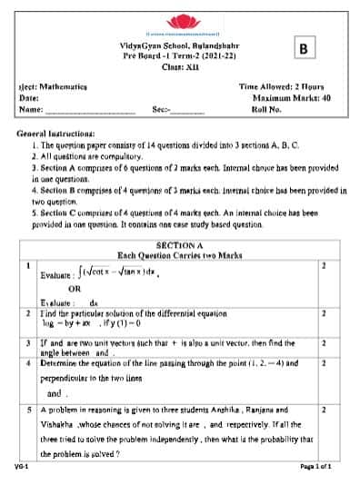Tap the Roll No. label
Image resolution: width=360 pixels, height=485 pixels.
click(x=267, y=108)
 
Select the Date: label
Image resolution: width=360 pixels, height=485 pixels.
click(x=28, y=97)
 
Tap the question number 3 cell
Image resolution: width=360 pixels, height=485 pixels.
click(x=29, y=343)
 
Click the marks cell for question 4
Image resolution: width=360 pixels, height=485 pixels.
click(x=323, y=363)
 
